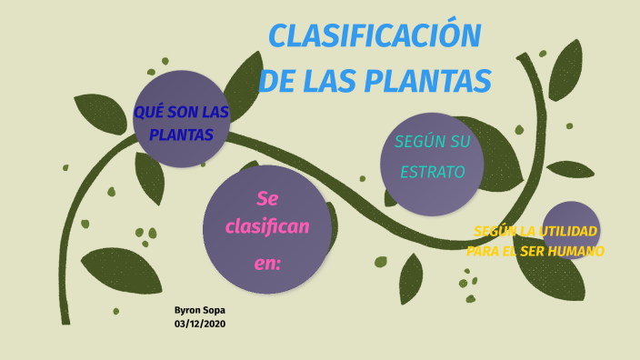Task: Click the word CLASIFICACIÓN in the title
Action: (375, 36)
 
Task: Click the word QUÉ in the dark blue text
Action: (148, 113)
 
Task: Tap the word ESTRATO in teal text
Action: (430, 171)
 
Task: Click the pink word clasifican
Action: (267, 225)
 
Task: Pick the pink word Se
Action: (266, 197)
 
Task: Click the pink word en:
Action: (267, 264)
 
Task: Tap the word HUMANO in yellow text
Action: (575, 251)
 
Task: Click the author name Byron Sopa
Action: (199, 310)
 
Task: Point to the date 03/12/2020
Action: (199, 324)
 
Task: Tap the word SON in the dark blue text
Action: (181, 113)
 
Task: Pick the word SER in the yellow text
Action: (526, 251)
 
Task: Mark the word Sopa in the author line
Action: (213, 310)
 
